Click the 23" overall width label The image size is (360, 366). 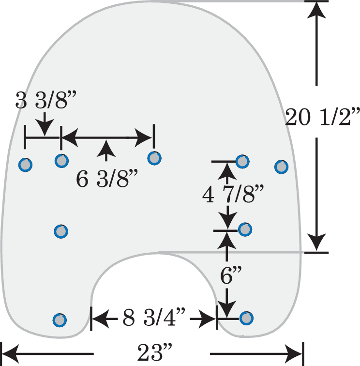(154, 352)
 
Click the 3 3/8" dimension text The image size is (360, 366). (46, 100)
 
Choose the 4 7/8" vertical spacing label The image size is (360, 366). (233, 194)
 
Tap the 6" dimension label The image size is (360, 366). (230, 275)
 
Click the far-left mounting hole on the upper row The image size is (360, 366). (25, 165)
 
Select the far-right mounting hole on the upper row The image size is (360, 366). (281, 167)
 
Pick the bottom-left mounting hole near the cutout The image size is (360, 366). (60, 320)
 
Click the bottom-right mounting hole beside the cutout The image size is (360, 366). (246, 318)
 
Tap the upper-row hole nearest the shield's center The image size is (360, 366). (154, 158)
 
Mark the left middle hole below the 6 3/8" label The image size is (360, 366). (61, 231)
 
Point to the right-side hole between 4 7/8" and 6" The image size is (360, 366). (245, 229)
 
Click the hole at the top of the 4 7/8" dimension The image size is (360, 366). (242, 161)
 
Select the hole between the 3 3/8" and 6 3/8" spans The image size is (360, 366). (61, 161)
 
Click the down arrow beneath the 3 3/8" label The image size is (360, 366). (45, 124)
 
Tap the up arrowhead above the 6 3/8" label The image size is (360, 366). (106, 150)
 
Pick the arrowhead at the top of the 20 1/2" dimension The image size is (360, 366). (316, 10)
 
